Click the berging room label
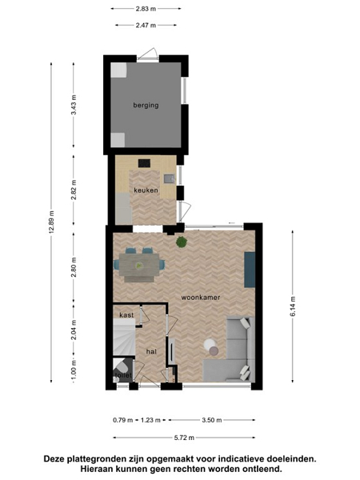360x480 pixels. pos(146,106)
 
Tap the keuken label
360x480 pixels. pos(146,190)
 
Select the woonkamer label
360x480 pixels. pos(201,298)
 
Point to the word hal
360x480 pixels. pos(151,352)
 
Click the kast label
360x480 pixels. pos(126,315)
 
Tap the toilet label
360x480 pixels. pos(123,375)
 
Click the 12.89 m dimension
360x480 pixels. pos(51,222)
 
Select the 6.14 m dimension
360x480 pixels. pos(293,306)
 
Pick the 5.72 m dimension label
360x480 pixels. pos(184,438)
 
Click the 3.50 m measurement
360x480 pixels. pos(211,420)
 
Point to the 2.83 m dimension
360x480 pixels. pos(146,9)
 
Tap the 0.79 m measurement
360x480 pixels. pos(122,420)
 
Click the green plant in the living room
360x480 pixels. pos(182,242)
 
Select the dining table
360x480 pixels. pos(139,265)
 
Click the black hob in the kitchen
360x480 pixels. pos(144,163)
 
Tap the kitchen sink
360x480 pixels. pos(169,178)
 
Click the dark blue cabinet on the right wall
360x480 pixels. pos(250,270)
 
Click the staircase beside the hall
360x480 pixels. pos(124,337)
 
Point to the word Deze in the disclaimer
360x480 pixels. pos(54,459)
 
